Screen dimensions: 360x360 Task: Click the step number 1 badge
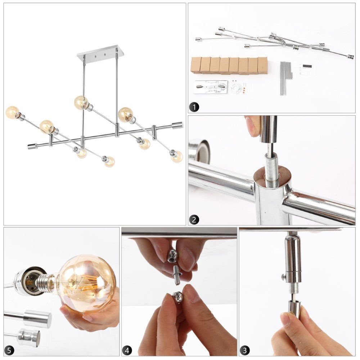(194, 107)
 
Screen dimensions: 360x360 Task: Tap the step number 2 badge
(194, 220)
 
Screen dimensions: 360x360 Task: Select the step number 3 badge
(244, 350)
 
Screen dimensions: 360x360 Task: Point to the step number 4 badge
(127, 350)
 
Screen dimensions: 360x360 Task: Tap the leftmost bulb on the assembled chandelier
(12, 112)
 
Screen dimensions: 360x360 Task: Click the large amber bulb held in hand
(86, 284)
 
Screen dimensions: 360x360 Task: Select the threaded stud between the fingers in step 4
(177, 275)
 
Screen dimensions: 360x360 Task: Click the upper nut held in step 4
(173, 256)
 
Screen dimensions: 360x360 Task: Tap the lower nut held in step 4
(178, 297)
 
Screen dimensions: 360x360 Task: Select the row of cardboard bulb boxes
(229, 66)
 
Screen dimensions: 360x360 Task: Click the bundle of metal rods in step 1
(286, 78)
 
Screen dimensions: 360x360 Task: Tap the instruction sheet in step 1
(306, 70)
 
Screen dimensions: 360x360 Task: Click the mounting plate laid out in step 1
(211, 87)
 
